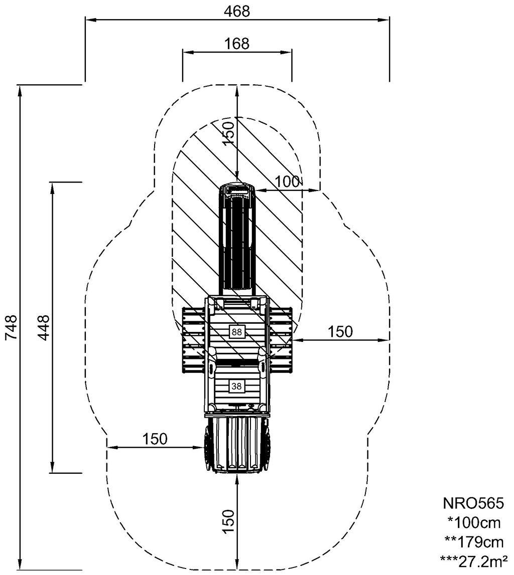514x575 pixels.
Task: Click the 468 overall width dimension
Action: click(x=237, y=12)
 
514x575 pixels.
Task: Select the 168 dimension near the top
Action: click(x=237, y=44)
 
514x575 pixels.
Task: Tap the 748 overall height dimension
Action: click(x=12, y=327)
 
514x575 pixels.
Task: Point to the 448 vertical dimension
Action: click(x=44, y=327)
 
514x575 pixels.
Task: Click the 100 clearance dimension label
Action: click(x=288, y=181)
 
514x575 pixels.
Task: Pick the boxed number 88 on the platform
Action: click(x=237, y=332)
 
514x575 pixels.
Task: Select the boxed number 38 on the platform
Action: click(x=237, y=386)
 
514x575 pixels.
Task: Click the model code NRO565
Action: click(x=474, y=503)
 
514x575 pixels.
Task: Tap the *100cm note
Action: click(x=474, y=522)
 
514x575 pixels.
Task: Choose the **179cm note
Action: click(x=474, y=542)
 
